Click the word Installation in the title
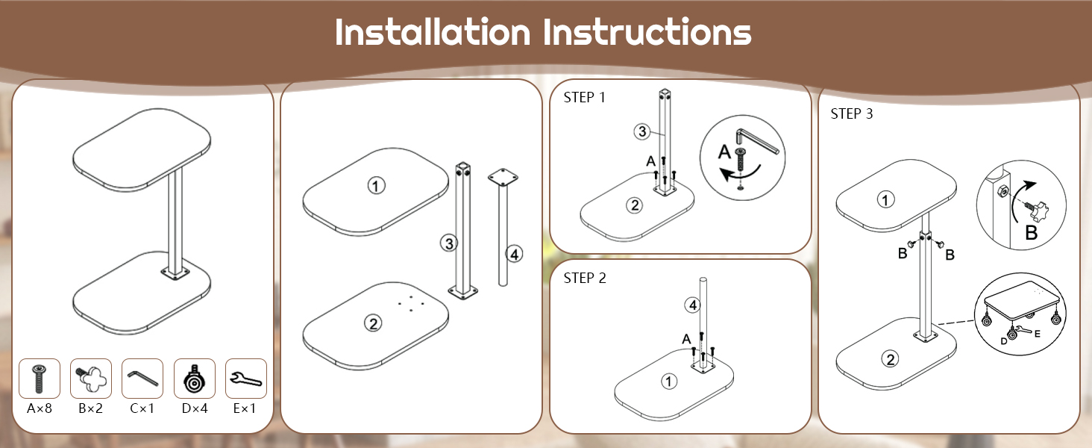click(433, 32)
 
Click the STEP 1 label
click(584, 98)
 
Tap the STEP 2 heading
click(585, 279)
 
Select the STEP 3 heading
click(851, 113)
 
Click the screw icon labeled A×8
click(39, 379)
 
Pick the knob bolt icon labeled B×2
click(91, 379)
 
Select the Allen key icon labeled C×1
click(142, 377)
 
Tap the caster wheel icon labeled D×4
click(194, 379)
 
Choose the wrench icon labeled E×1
click(245, 379)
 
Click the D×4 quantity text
click(195, 408)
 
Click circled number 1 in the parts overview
click(376, 185)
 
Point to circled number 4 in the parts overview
click(514, 254)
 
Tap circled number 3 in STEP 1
click(642, 131)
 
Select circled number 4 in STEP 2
click(692, 305)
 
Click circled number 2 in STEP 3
click(890, 360)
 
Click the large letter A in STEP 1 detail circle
click(725, 152)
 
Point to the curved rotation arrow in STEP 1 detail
click(740, 174)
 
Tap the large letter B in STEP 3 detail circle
click(1031, 232)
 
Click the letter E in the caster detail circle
click(1038, 334)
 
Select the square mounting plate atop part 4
click(503, 177)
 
